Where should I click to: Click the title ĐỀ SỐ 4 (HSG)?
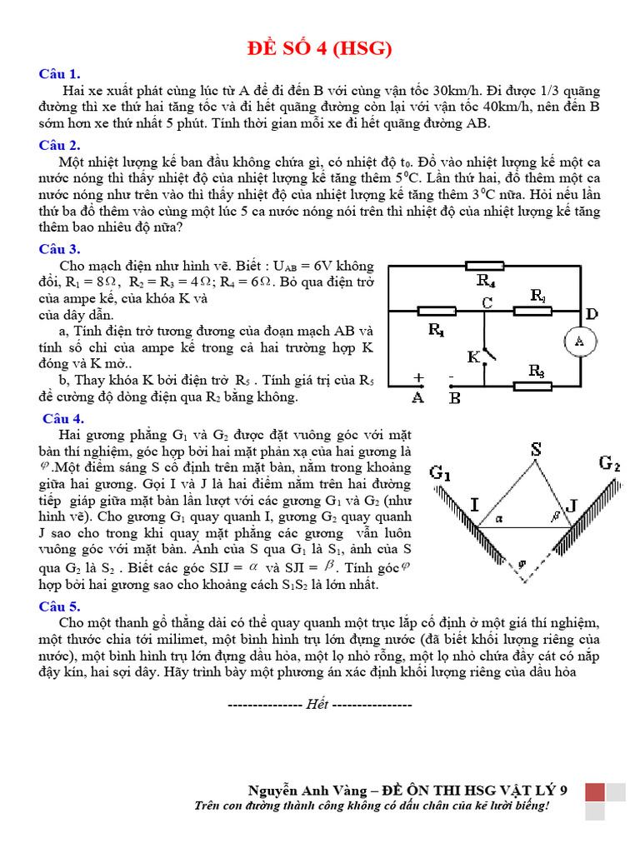(x=320, y=49)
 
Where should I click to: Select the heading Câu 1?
(x=59, y=73)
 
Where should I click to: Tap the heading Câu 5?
(x=59, y=606)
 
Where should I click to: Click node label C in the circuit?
(x=487, y=303)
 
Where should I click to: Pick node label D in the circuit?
(x=592, y=314)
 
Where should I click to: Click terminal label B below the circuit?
(x=455, y=397)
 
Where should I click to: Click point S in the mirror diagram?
(x=537, y=449)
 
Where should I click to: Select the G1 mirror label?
(x=441, y=472)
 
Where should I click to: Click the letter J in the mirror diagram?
(x=571, y=504)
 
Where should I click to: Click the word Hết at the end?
(x=317, y=704)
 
